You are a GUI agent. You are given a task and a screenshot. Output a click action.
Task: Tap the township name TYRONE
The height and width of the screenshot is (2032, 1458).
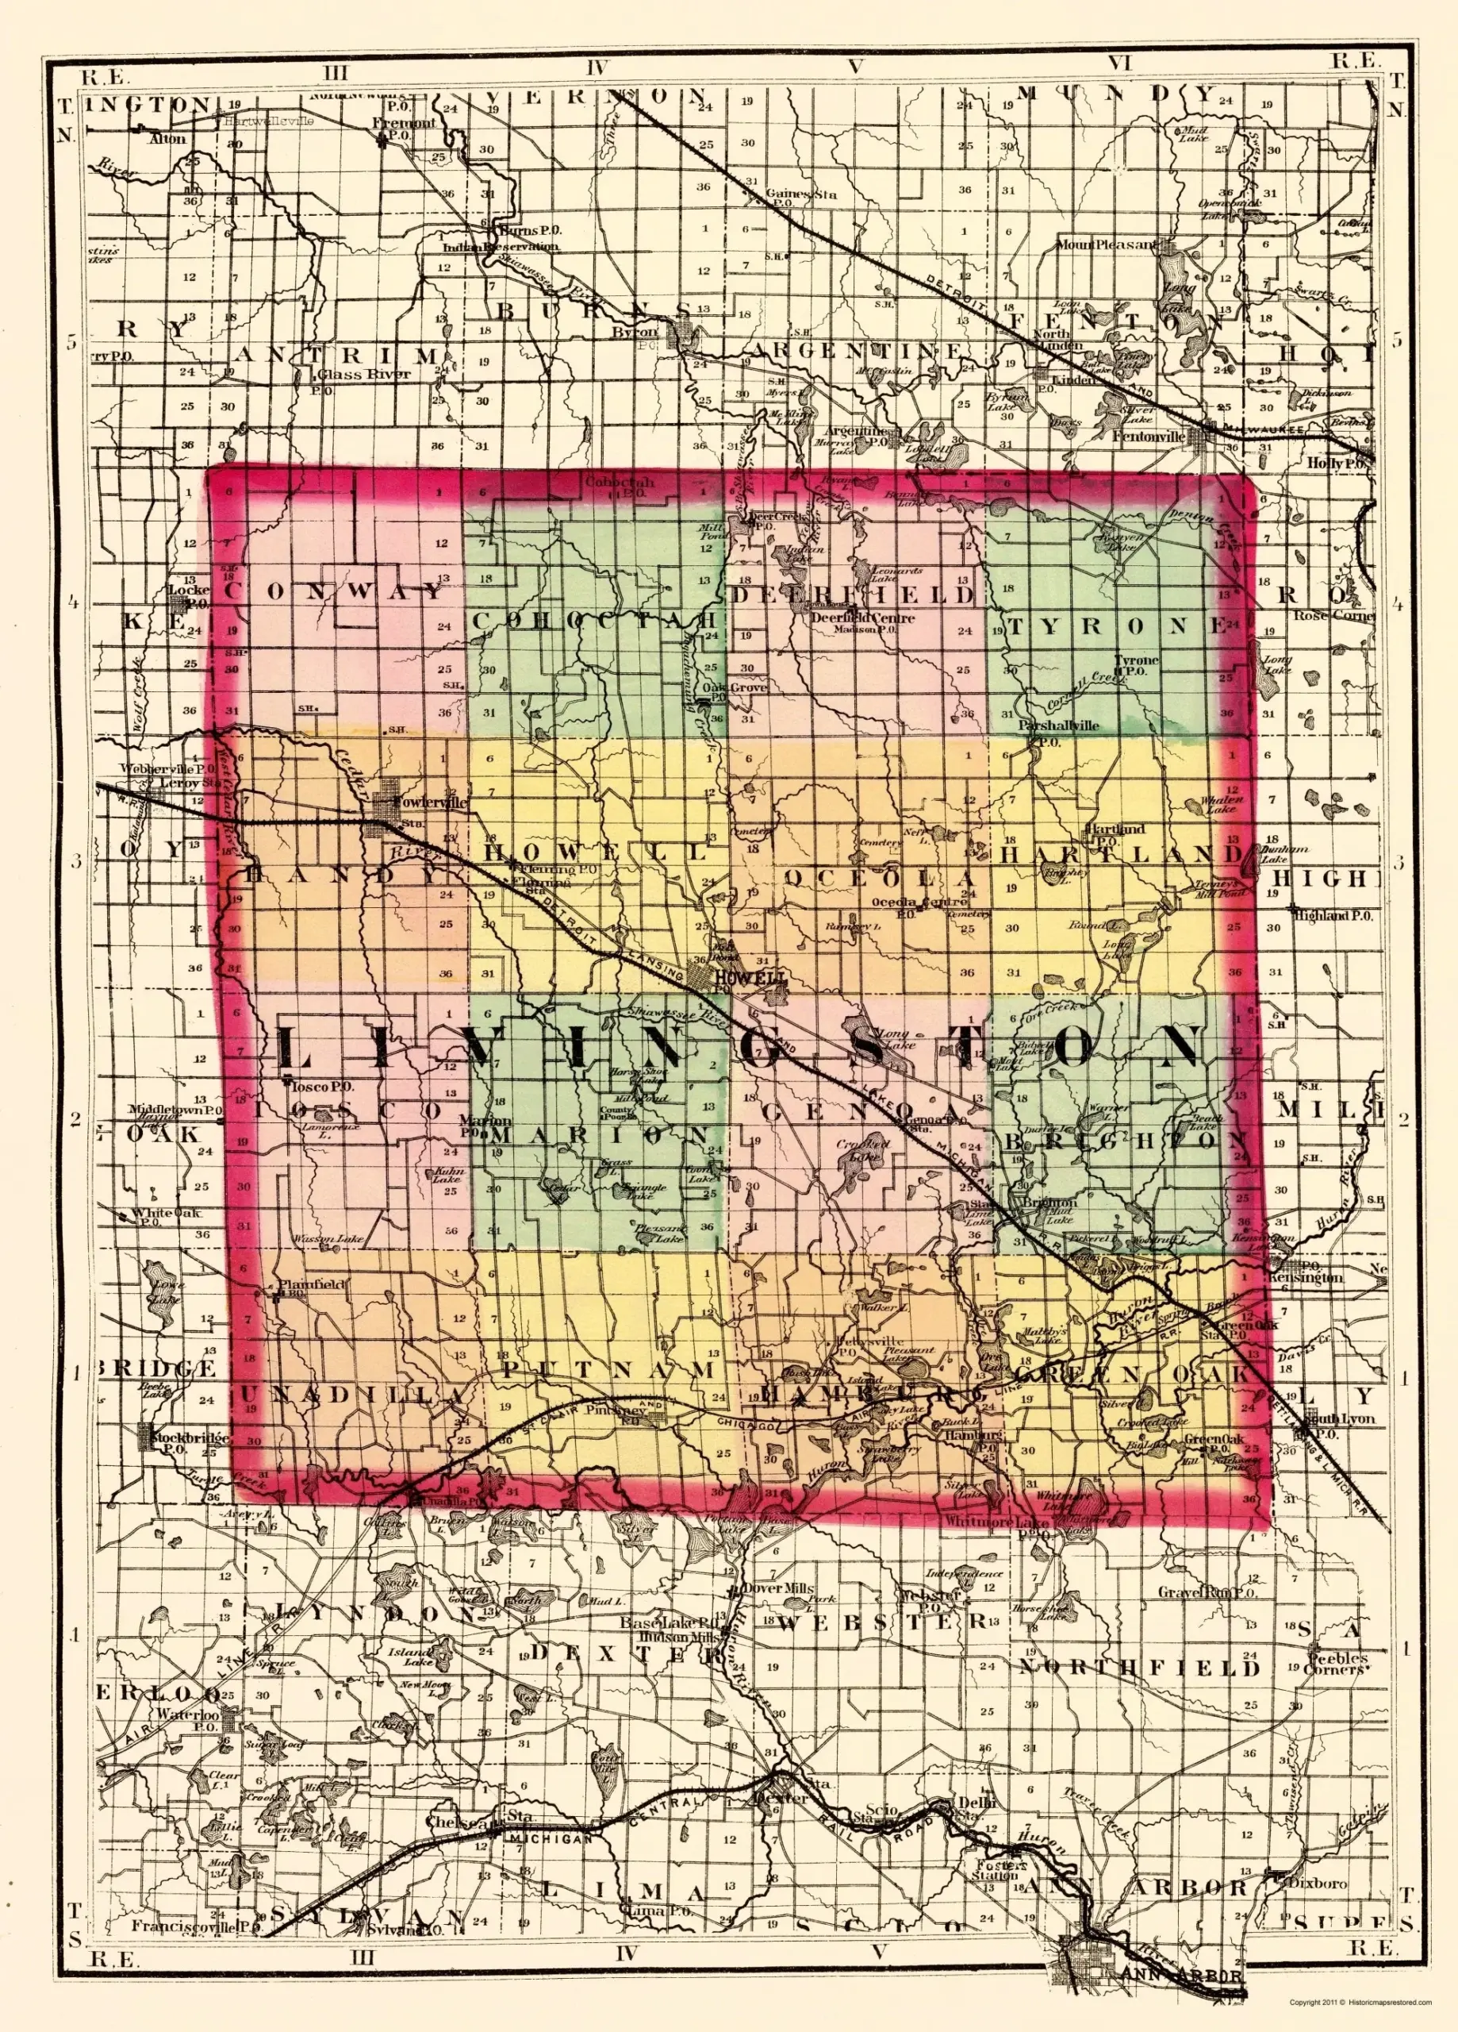(1116, 626)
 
